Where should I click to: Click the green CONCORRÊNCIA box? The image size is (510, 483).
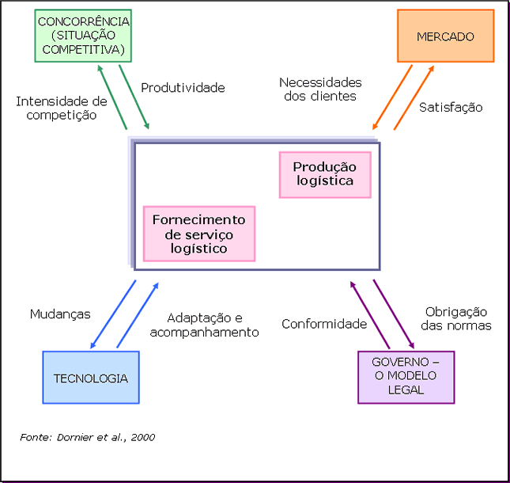[82, 36]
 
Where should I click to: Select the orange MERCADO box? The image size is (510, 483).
[445, 36]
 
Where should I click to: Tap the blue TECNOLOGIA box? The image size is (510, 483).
[90, 378]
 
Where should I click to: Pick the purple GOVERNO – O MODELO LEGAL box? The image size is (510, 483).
[406, 377]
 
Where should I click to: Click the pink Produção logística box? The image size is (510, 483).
[324, 174]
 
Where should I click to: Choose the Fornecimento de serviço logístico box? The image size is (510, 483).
[198, 234]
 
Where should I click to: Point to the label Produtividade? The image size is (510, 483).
[183, 88]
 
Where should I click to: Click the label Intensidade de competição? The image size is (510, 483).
[61, 108]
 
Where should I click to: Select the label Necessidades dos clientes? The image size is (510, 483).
[320, 89]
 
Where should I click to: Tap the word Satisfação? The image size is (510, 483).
[451, 107]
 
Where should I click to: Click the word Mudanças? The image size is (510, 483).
[60, 314]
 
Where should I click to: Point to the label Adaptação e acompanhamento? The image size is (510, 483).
[204, 324]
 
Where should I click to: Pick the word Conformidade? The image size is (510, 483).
[324, 324]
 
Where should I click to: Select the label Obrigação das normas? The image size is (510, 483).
[457, 318]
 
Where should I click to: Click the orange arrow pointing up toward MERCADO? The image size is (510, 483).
[414, 97]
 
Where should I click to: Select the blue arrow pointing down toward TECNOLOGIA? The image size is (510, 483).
[113, 314]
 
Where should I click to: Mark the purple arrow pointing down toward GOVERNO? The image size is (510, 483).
[394, 314]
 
